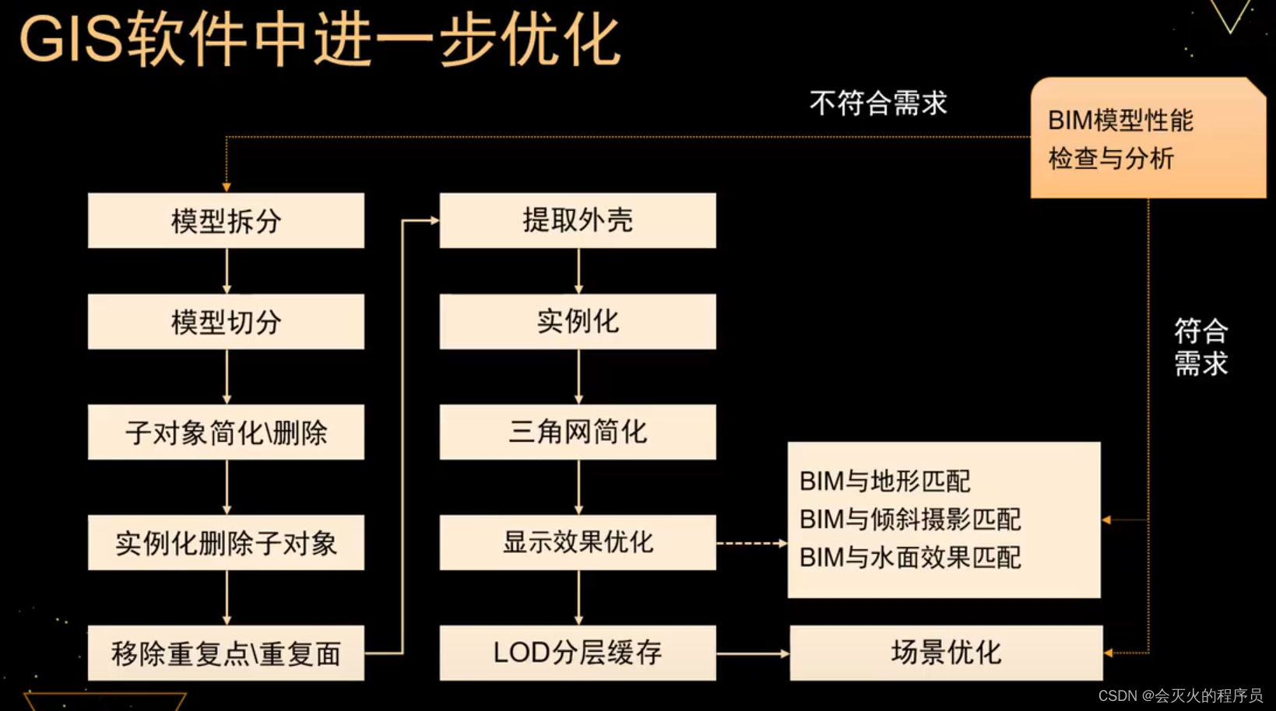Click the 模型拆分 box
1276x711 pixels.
click(226, 221)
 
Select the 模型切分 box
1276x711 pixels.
click(226, 321)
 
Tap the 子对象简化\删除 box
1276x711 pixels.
click(226, 432)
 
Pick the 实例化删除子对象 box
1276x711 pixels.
click(226, 542)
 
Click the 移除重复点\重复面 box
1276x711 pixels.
click(226, 653)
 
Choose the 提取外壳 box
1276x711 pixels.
click(578, 221)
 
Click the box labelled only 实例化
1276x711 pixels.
click(578, 321)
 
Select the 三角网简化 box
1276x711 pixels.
click(578, 432)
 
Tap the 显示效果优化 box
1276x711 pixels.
click(578, 542)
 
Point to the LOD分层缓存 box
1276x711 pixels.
click(578, 653)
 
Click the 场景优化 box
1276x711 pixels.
click(946, 653)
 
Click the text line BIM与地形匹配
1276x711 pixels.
click(885, 482)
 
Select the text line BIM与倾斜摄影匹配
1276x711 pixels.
click(910, 519)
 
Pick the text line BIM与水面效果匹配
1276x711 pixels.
click(910, 557)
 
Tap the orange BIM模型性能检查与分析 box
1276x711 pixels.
click(1148, 138)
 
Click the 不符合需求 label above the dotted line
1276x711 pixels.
click(878, 103)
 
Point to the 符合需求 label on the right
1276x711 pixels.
click(1200, 347)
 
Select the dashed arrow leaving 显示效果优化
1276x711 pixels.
click(751, 543)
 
